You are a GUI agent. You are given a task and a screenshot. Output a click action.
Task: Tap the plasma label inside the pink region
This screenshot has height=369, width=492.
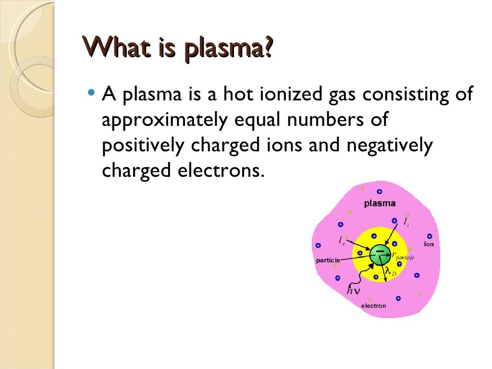coord(380,203)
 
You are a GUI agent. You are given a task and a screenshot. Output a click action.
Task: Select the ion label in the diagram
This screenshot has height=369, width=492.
coord(429,244)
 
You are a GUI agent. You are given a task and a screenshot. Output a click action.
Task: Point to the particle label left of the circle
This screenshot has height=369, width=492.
coord(328,260)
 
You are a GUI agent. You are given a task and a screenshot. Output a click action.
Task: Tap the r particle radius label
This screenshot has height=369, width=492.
coord(403,256)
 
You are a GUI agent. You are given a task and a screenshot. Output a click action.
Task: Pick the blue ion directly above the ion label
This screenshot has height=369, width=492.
coord(430,236)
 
